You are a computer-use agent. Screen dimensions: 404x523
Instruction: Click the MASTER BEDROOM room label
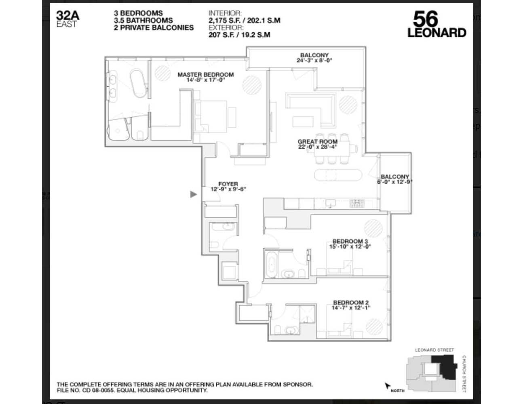pos(205,75)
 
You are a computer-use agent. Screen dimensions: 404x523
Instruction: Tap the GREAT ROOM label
pos(317,141)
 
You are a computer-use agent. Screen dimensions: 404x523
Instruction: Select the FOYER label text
pos(228,184)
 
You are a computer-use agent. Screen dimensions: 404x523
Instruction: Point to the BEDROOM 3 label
pos(350,241)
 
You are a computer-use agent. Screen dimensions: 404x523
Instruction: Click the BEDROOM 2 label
pos(351,303)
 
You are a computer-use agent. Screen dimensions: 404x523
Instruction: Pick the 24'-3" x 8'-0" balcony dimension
pos(314,61)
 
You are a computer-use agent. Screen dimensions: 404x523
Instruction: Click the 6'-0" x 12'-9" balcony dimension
pos(395,182)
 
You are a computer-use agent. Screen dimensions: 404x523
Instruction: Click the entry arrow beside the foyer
pos(194,194)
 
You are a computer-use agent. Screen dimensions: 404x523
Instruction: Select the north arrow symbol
pos(388,386)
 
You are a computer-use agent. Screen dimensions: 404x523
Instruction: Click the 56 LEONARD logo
pos(437,25)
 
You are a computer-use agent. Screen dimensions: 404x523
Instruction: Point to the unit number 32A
pos(67,16)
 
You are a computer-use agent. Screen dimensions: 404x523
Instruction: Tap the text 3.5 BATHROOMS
pos(143,20)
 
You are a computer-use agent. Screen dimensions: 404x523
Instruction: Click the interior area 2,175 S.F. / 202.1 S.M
pos(244,20)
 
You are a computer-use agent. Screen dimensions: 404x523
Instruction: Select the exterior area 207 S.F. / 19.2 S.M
pos(239,35)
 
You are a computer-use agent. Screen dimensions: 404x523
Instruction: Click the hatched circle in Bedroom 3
pos(373,228)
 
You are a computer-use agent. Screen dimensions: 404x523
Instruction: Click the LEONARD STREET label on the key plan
pos(434,350)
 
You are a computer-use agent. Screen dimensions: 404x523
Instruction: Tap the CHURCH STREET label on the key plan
pos(464,374)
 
